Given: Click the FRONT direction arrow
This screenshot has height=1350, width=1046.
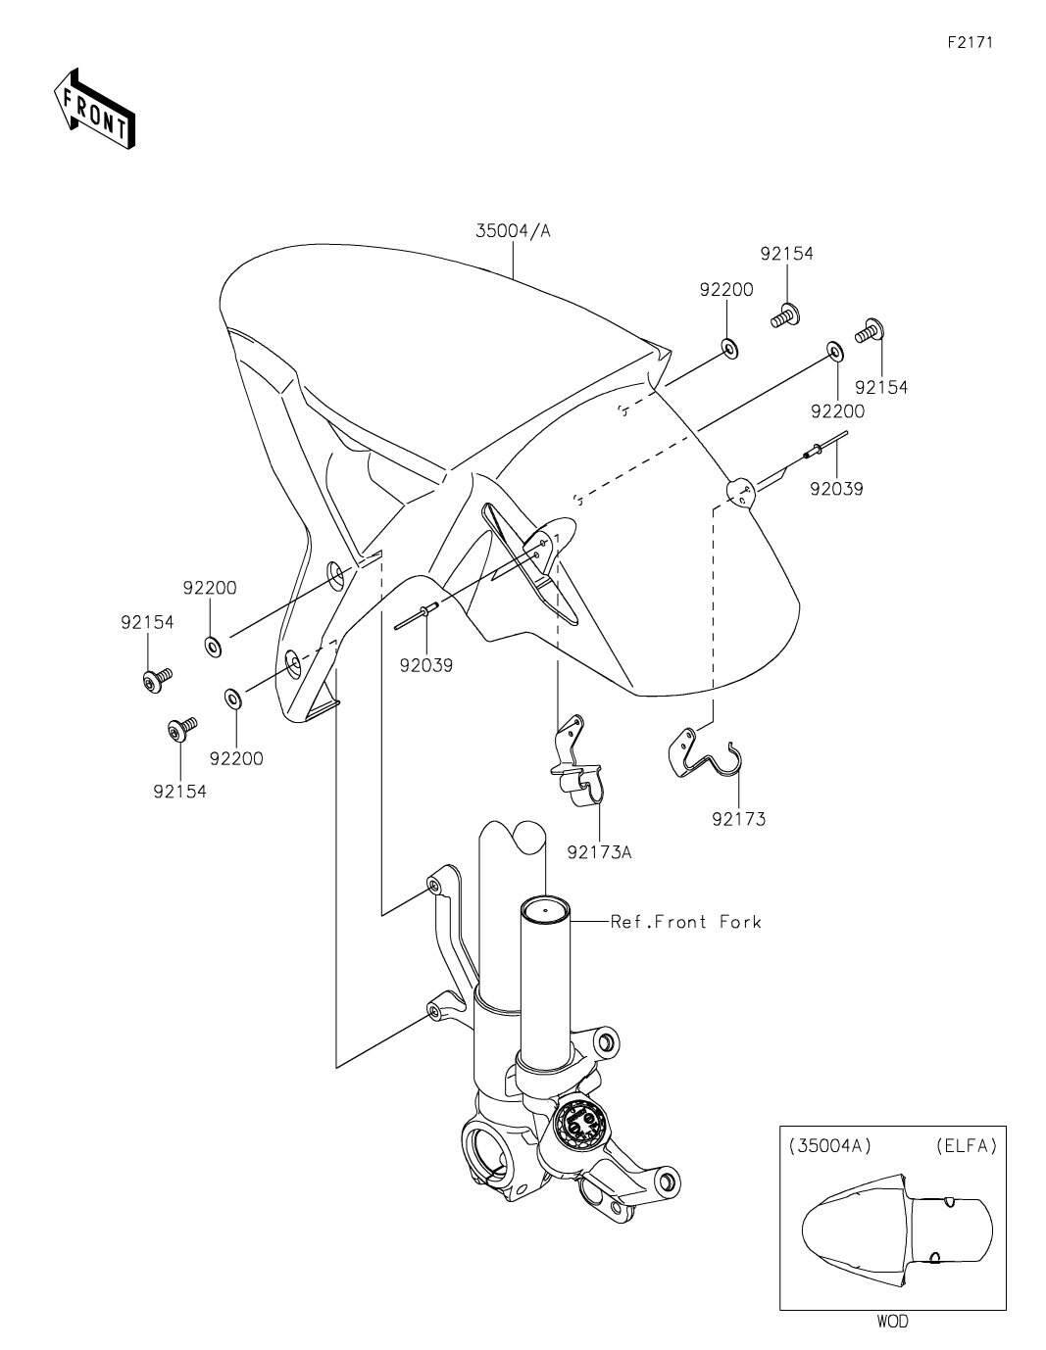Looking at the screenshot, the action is [94, 109].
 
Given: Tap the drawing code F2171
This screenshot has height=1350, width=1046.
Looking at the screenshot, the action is [971, 42].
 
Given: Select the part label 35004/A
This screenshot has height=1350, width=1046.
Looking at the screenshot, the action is [514, 231].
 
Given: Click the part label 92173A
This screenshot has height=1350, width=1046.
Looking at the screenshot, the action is [599, 851].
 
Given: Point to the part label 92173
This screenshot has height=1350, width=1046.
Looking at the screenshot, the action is [739, 819].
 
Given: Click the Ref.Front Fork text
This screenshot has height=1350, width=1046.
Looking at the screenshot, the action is [685, 921].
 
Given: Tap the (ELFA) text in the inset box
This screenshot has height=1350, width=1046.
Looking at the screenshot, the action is [966, 1145].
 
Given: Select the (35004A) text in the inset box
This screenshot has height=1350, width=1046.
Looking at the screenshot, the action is [829, 1145].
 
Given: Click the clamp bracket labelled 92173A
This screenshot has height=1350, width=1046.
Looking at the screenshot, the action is [578, 761].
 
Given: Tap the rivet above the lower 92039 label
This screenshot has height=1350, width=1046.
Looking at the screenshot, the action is [417, 616].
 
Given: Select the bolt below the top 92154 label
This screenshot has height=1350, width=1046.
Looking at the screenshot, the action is [785, 315].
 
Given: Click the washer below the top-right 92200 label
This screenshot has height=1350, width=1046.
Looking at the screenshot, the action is [835, 351].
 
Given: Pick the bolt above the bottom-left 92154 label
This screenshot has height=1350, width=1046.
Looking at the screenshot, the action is [182, 728].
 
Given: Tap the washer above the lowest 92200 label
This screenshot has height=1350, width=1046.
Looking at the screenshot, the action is [233, 699].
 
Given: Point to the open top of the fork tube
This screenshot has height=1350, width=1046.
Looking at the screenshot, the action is [544, 909].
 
